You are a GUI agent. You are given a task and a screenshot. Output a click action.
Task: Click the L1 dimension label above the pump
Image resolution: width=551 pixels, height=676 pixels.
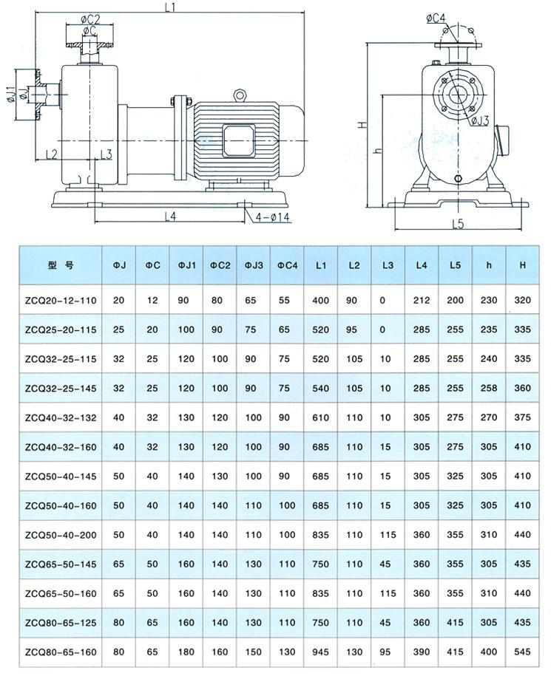[171, 7]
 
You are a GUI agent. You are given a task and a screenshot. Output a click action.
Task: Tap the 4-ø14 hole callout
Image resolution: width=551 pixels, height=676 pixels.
[272, 217]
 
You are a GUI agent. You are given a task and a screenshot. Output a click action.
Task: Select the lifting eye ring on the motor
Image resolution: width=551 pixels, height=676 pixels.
[240, 95]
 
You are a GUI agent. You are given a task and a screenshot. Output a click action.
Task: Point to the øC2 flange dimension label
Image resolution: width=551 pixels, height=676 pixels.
[89, 19]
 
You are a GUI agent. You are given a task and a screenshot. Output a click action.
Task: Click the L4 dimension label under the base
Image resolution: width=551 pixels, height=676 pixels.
[170, 216]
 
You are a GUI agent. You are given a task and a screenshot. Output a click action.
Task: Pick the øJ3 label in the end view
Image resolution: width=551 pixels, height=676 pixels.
[479, 120]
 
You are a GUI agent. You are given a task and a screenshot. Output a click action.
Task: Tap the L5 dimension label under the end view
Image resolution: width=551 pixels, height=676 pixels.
[459, 224]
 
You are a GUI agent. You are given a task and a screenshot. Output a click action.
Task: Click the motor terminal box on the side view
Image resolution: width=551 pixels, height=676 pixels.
[238, 140]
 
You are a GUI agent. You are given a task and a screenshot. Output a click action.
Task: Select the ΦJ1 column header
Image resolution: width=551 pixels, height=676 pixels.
[186, 265]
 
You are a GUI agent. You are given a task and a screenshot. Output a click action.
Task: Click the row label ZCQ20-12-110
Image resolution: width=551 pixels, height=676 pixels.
[61, 301]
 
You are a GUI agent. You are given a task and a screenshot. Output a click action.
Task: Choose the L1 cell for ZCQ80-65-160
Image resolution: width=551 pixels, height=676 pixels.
[320, 652]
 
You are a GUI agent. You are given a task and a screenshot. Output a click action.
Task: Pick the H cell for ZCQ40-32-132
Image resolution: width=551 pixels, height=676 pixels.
[522, 417]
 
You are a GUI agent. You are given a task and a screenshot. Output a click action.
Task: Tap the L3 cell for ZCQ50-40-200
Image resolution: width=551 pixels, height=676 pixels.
[388, 535]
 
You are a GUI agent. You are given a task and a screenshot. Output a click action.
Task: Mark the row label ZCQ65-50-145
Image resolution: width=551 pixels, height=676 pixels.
[61, 564]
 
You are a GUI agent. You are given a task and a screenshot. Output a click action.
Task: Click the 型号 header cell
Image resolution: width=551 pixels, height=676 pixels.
[61, 265]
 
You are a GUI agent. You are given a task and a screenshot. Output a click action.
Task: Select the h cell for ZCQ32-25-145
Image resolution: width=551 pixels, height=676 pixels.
[489, 388]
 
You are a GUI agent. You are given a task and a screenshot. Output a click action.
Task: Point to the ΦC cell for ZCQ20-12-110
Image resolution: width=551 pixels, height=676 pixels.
[152, 300]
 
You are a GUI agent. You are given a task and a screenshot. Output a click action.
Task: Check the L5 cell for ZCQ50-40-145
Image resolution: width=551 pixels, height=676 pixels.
[455, 476]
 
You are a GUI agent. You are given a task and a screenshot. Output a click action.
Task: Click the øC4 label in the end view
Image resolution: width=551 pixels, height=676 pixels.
[436, 18]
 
